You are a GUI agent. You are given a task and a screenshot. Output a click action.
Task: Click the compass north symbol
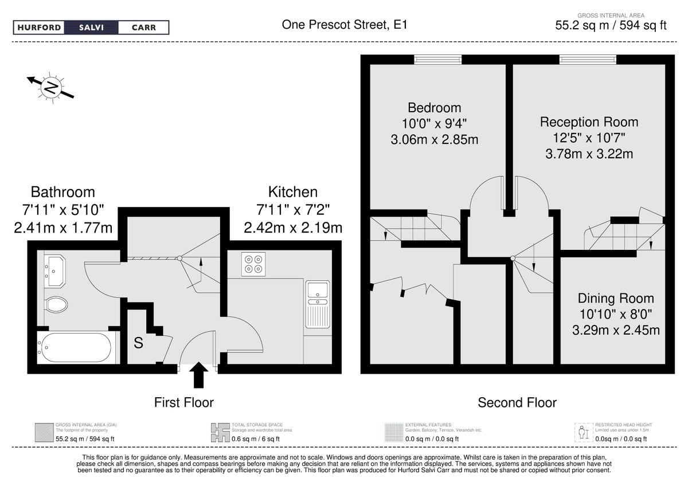[51, 87]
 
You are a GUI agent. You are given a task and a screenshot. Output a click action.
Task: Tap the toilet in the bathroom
[56, 304]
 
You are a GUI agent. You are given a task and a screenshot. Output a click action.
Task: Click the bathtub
[75, 347]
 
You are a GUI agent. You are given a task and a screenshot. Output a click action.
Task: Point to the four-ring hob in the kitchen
[253, 262]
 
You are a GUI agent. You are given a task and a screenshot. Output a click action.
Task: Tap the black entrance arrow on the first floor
[199, 376]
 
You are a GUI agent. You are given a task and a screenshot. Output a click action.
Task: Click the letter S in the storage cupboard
[138, 344]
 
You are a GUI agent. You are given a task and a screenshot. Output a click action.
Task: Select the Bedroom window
[438, 59]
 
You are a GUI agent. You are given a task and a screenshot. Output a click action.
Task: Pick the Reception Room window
[588, 59]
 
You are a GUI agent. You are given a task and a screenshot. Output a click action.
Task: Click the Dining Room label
[616, 299]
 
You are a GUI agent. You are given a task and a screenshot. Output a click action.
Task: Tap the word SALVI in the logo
[91, 28]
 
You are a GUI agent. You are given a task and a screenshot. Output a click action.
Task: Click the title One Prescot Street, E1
[345, 25]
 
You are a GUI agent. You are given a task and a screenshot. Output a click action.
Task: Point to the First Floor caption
[183, 402]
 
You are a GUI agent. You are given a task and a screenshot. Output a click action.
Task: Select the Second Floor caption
[517, 403]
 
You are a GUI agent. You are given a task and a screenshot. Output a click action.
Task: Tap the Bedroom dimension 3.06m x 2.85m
[434, 139]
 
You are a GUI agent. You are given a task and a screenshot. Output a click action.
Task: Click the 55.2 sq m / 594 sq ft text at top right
[611, 25]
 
